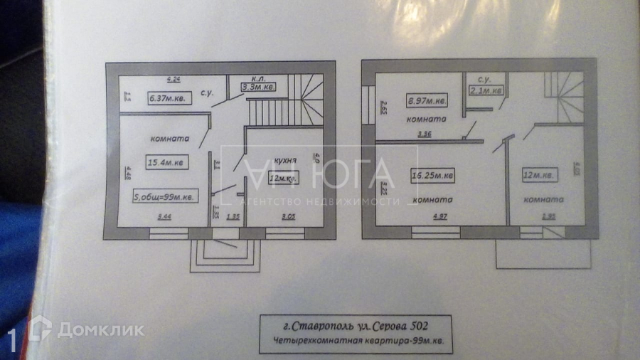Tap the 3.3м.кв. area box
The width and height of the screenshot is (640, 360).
coord(257,87)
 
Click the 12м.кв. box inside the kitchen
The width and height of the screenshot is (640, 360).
coord(283,178)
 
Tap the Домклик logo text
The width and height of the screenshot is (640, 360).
coord(100,329)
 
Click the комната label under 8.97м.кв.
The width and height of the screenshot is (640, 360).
coord(427,120)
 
